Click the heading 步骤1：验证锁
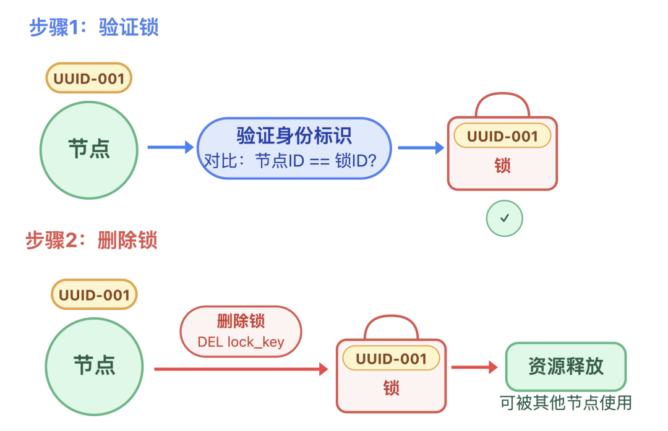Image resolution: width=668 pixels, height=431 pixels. (x=94, y=28)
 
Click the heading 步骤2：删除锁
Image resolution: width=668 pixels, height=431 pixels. (x=92, y=240)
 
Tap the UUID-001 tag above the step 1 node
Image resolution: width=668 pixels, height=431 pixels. (x=89, y=79)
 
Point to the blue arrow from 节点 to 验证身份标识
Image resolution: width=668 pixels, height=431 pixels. (x=171, y=147)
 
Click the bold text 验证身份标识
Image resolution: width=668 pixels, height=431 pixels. (x=294, y=135)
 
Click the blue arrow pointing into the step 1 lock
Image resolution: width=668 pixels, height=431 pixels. (x=421, y=147)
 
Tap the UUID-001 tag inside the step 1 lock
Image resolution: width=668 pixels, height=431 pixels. (x=502, y=136)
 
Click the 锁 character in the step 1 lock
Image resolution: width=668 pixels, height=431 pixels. (x=502, y=166)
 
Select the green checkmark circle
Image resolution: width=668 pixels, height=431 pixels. (x=504, y=218)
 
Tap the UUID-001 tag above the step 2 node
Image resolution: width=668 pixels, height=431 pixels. (x=93, y=294)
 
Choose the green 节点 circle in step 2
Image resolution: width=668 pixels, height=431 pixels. (x=94, y=365)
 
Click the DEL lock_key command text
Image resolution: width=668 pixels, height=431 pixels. (x=241, y=342)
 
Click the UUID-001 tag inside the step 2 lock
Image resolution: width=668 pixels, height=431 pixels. (x=391, y=359)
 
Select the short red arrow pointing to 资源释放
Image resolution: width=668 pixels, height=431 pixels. (x=474, y=367)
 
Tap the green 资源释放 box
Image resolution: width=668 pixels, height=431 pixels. (x=565, y=366)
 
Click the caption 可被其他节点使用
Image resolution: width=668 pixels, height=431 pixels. (x=565, y=403)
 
